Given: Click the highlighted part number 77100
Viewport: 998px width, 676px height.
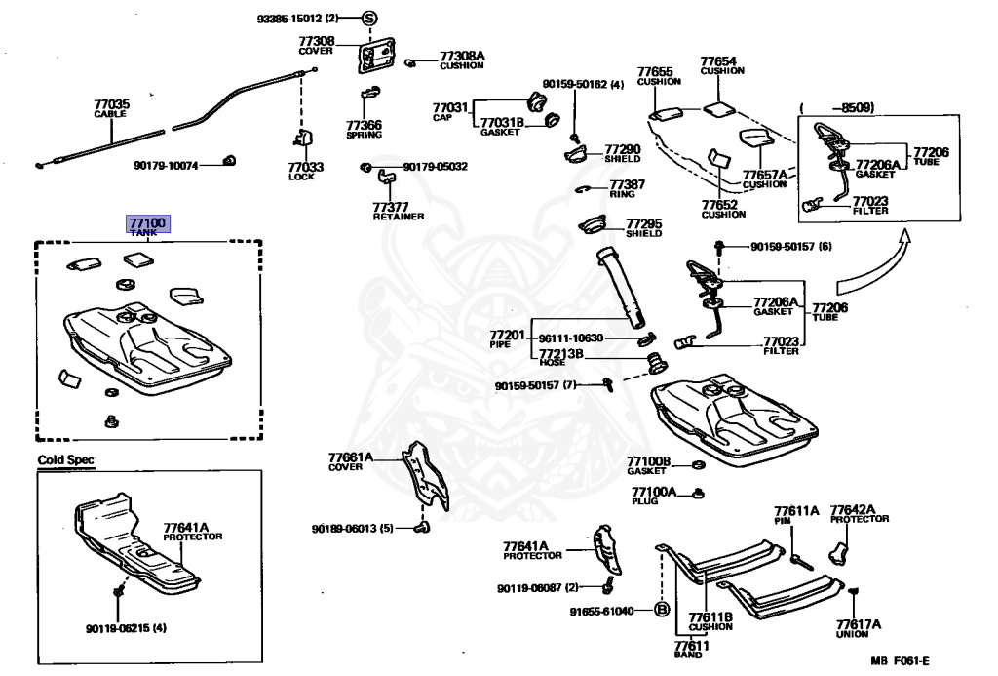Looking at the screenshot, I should point(147,223).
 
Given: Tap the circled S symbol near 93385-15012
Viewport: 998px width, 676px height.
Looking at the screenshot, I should point(369,19).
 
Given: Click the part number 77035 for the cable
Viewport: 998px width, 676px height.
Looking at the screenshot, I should point(111,103).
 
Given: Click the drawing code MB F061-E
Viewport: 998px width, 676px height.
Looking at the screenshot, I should point(906,661).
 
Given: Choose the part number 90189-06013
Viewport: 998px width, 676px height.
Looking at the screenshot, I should point(346,529).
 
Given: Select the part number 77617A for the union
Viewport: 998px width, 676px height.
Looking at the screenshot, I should point(858,624).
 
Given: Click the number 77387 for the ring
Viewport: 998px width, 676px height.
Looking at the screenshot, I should point(628,184).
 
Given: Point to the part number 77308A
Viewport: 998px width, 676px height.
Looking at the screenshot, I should point(461,56).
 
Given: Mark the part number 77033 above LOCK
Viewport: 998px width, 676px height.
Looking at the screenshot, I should point(305,167).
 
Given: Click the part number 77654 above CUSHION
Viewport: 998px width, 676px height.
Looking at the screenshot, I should point(718,60).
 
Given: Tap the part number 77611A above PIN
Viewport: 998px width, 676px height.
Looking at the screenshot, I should point(796,510).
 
